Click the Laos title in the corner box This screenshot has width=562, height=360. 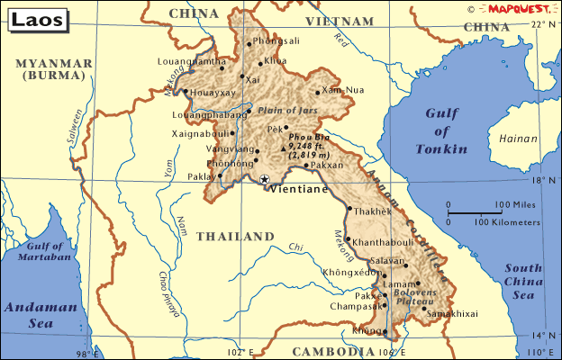pyautogui.click(x=32, y=17)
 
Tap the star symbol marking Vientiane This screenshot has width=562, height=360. pyautogui.click(x=264, y=180)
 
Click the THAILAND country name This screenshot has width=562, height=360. pyautogui.click(x=234, y=237)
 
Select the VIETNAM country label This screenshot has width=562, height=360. pyautogui.click(x=339, y=21)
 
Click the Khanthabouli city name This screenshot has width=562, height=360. pyautogui.click(x=386, y=243)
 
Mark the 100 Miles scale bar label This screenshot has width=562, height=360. pyautogui.click(x=516, y=204)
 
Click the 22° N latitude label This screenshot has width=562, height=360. pyautogui.click(x=543, y=24)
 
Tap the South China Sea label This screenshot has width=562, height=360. pyautogui.click(x=523, y=280)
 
